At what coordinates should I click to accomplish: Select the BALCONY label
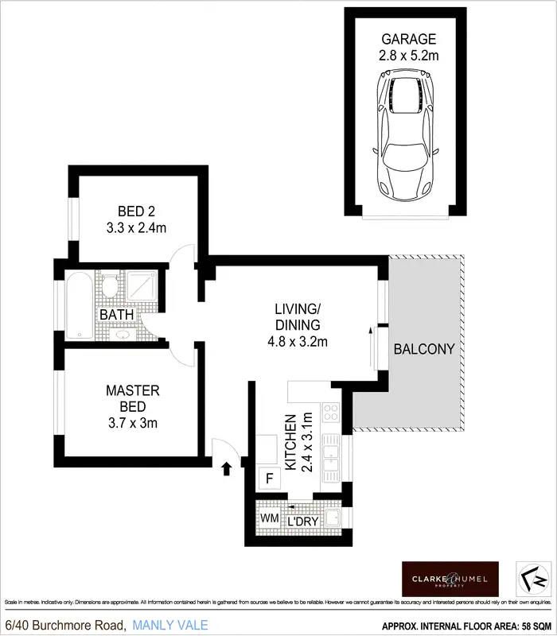[424, 348]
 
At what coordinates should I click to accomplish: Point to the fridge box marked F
[269, 479]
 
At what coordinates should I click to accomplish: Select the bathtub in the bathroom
[79, 304]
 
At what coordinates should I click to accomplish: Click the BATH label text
[116, 315]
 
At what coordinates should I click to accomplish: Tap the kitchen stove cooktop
[330, 413]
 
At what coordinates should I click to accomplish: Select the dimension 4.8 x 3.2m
[297, 342]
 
